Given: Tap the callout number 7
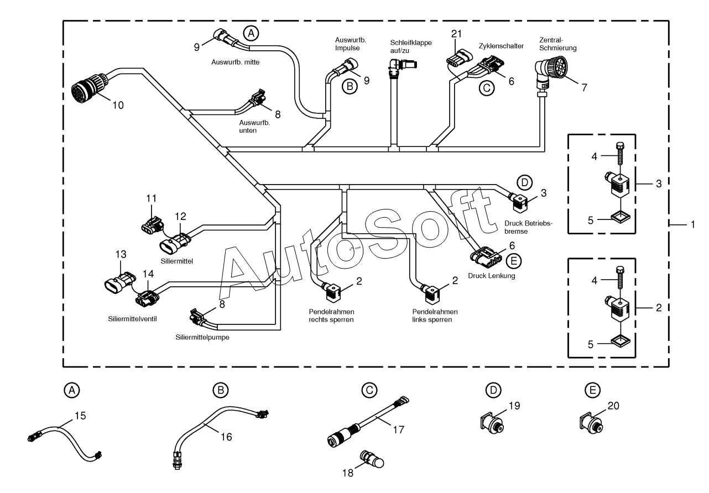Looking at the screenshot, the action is point(585,87).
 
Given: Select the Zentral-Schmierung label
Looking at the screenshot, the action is point(557,44).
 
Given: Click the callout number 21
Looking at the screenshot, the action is point(456,34).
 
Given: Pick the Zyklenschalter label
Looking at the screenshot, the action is point(501,46).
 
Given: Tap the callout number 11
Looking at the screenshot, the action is point(152,198).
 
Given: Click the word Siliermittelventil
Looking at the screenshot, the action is point(132,319).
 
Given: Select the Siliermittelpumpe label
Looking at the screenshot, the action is point(202,337).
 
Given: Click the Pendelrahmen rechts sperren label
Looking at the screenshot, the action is point(331,316).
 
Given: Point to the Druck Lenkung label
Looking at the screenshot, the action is point(491,276).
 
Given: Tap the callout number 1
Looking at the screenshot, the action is point(693,224).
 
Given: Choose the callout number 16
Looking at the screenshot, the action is point(226,437).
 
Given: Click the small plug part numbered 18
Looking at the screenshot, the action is point(372,459).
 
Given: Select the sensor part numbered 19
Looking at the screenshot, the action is point(492,423).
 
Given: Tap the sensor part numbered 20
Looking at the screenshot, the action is point(591,423).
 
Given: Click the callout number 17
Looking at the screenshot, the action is point(399,429).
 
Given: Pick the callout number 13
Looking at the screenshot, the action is point(121,254).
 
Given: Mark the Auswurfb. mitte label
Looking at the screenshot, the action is point(235,62).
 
